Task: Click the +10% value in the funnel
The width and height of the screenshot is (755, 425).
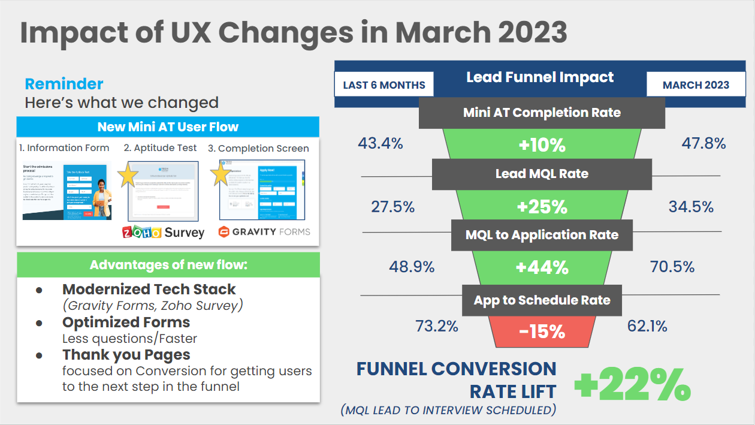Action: pos(542,146)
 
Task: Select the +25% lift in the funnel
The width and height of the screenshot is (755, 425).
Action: pos(542,207)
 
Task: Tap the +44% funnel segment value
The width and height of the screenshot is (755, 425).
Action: pos(542,267)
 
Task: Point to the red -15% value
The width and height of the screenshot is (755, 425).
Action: pos(542,331)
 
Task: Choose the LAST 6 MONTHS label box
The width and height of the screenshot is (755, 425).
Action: pos(383,85)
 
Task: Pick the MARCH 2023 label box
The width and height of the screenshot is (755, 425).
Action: pos(696,85)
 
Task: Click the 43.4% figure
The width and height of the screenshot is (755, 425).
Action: pos(380,144)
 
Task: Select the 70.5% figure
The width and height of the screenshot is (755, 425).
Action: pos(672,267)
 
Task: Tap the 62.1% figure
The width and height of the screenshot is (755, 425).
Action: pos(647,327)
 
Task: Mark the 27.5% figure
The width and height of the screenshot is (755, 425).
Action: pos(393,207)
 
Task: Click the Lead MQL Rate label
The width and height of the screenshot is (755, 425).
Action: pos(542,174)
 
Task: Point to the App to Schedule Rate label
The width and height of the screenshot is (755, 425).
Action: pos(542,300)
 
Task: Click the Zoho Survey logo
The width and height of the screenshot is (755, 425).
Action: pos(163,232)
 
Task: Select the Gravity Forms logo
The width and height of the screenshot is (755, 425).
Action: pos(264,231)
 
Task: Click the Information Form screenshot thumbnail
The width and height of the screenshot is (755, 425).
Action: pos(67,192)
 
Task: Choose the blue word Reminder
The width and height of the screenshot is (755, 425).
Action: pos(64,84)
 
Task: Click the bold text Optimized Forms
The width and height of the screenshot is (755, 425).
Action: pos(126,322)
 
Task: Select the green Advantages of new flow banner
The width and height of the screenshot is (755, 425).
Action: pos(168,265)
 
